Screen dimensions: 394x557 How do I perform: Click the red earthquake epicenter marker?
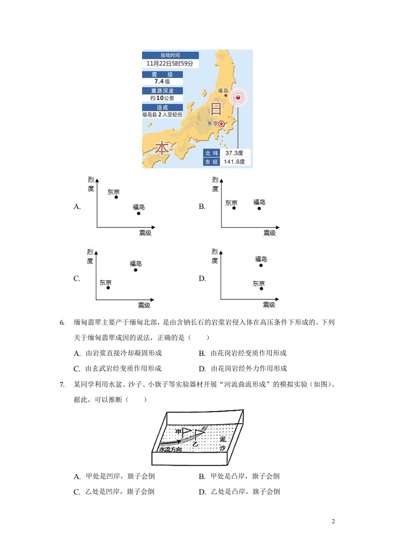pyautogui.click(x=238, y=97)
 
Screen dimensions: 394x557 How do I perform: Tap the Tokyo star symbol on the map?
pyautogui.click(x=222, y=124)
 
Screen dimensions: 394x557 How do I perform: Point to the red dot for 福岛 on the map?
pyautogui.click(x=226, y=95)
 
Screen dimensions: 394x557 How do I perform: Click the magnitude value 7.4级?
pyautogui.click(x=162, y=81)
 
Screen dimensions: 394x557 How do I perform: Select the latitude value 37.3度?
pyautogui.click(x=235, y=153)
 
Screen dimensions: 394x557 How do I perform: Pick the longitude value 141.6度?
pyautogui.click(x=235, y=162)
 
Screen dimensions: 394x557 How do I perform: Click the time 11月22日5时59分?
pyautogui.click(x=170, y=64)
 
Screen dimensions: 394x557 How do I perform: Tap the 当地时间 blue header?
pyautogui.click(x=170, y=55)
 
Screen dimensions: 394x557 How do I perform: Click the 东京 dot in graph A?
pyautogui.click(x=116, y=197)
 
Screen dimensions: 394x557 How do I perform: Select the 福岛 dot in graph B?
pyautogui.click(x=259, y=208)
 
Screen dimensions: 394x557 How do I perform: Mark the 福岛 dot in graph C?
pyautogui.click(x=136, y=270)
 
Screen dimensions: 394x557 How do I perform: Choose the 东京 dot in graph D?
pyautogui.click(x=261, y=289)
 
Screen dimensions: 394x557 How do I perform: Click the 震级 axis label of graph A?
pyautogui.click(x=145, y=233)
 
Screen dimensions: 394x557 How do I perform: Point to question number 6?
pyautogui.click(x=62, y=323)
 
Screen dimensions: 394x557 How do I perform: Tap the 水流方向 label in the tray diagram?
pyautogui.click(x=170, y=449)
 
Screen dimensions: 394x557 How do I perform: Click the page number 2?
pyautogui.click(x=333, y=521)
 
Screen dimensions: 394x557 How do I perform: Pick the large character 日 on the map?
pyautogui.click(x=216, y=109)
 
